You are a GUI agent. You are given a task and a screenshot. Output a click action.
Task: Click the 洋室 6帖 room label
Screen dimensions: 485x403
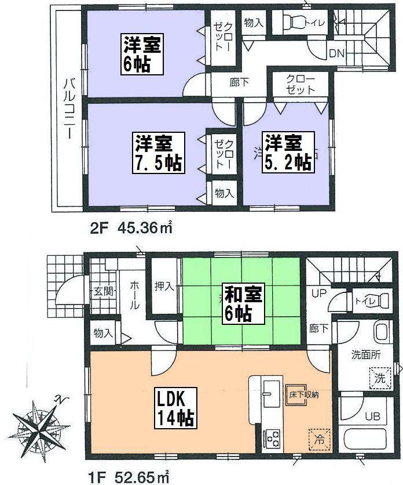tap(142, 54)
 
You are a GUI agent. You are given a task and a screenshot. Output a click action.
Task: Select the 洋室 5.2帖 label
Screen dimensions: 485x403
tap(288, 152)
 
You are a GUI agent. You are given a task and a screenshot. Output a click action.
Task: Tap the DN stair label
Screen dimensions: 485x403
tap(336, 53)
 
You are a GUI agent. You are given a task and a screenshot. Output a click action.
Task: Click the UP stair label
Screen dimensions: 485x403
tap(319, 294)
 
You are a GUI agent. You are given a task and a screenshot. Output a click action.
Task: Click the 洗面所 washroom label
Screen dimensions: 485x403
tap(367, 355)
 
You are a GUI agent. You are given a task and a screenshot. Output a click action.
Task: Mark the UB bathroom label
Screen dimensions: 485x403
tap(371, 417)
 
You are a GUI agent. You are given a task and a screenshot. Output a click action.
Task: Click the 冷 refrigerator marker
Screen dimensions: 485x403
tap(318, 439)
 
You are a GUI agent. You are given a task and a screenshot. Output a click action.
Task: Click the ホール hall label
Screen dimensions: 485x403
tap(134, 294)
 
